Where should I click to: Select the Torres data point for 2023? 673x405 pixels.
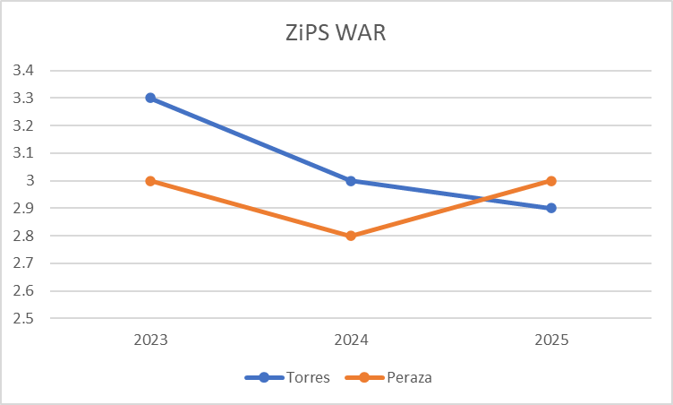[x=150, y=98]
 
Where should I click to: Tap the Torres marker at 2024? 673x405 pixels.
[x=351, y=181]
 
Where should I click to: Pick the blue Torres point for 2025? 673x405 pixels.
[x=551, y=208]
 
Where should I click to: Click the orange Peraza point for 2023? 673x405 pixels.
[x=150, y=181]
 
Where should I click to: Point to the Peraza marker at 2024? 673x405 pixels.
[x=351, y=236]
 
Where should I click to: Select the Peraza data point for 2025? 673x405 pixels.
[x=551, y=181]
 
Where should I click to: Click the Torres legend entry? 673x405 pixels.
[x=288, y=377]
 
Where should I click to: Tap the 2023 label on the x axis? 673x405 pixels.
[x=150, y=340]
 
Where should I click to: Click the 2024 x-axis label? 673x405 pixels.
[x=351, y=340]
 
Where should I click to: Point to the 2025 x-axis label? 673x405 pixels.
[x=551, y=340]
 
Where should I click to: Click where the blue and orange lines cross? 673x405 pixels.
[x=485, y=199]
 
